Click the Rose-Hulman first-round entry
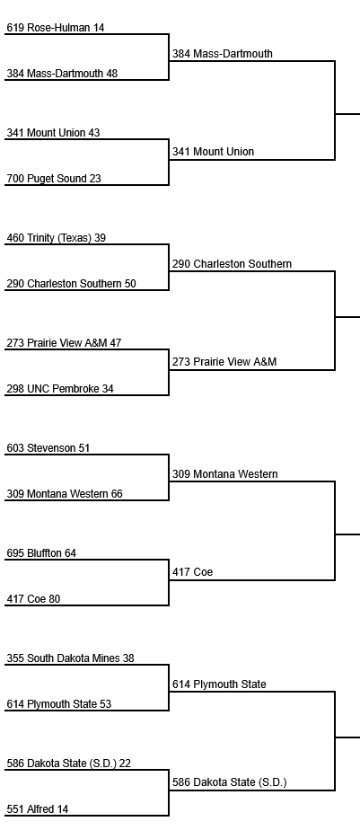click(x=56, y=28)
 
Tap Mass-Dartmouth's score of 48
click(x=111, y=74)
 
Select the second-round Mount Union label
click(x=213, y=152)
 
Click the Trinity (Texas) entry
click(x=57, y=238)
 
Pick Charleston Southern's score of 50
click(x=130, y=284)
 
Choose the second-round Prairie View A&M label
click(x=224, y=361)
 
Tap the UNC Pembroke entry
click(x=60, y=389)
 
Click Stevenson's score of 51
click(x=84, y=448)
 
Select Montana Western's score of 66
click(x=117, y=494)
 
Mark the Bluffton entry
click(x=41, y=553)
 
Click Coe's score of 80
click(x=54, y=599)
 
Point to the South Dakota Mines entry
click(x=70, y=658)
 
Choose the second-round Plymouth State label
click(x=219, y=684)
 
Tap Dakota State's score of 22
click(x=125, y=764)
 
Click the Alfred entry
click(x=38, y=808)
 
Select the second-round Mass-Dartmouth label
click(x=223, y=54)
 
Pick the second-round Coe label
click(x=192, y=571)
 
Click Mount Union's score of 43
click(x=93, y=133)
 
